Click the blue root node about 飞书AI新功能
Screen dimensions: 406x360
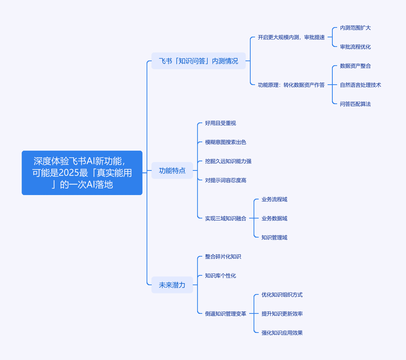pos(82,173)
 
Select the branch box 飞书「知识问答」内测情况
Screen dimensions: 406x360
pos(198,61)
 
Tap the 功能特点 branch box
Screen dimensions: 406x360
pos(172,170)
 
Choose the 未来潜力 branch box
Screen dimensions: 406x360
pos(172,285)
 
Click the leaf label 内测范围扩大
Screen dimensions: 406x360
pos(355,28)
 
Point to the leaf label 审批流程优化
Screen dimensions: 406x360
pos(355,47)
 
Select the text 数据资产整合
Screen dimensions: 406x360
pos(355,66)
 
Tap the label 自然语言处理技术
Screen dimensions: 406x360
pos(361,85)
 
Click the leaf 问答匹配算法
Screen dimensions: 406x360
pos(355,104)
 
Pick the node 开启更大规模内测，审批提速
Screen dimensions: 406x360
pos(291,37)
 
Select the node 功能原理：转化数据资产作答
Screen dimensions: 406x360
pos(291,85)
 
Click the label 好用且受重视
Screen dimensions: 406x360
pos(220,123)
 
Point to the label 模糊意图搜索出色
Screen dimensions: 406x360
pos(226,142)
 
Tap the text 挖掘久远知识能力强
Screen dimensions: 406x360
pos(228,161)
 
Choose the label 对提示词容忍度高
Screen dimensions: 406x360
pos(226,180)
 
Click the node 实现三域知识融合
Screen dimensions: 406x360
pos(226,219)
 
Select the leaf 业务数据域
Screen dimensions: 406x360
pos(274,219)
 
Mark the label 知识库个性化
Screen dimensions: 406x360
pos(220,275)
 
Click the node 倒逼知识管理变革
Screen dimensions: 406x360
pos(226,314)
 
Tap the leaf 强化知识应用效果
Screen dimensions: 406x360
pos(282,333)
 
